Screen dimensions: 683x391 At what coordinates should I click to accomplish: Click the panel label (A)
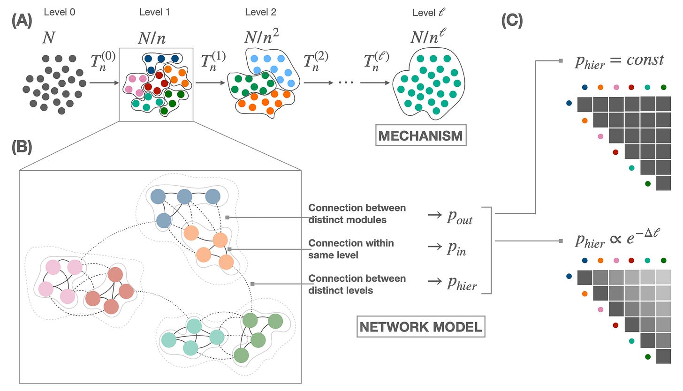(22, 22)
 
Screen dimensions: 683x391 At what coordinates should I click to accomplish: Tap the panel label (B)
(22, 147)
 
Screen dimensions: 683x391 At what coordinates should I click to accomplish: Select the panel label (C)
(512, 22)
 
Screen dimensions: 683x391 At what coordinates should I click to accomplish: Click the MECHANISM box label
(421, 135)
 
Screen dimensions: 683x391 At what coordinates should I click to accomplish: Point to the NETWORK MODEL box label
(421, 327)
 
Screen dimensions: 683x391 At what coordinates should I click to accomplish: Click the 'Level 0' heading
(60, 12)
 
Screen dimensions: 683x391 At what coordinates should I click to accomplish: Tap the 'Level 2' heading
(261, 12)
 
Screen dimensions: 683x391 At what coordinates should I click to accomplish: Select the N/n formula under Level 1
(152, 38)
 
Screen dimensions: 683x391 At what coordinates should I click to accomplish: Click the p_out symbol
(460, 217)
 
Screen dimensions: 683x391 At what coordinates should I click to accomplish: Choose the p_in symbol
(456, 248)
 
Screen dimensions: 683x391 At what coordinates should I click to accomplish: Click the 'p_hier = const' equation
(619, 61)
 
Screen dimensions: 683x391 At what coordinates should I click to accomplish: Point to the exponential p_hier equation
(617, 239)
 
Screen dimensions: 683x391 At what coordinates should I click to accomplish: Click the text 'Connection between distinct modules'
(357, 214)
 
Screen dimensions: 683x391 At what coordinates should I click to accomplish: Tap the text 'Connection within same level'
(351, 249)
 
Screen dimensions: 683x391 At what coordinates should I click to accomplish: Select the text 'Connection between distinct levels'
(357, 284)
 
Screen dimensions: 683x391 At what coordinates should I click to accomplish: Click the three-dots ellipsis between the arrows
(346, 83)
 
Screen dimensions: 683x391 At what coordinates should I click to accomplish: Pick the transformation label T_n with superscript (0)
(103, 61)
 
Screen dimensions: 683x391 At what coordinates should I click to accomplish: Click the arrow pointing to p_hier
(435, 280)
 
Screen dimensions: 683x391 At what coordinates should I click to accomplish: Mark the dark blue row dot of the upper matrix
(569, 103)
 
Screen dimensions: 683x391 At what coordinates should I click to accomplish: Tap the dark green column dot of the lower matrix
(663, 260)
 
